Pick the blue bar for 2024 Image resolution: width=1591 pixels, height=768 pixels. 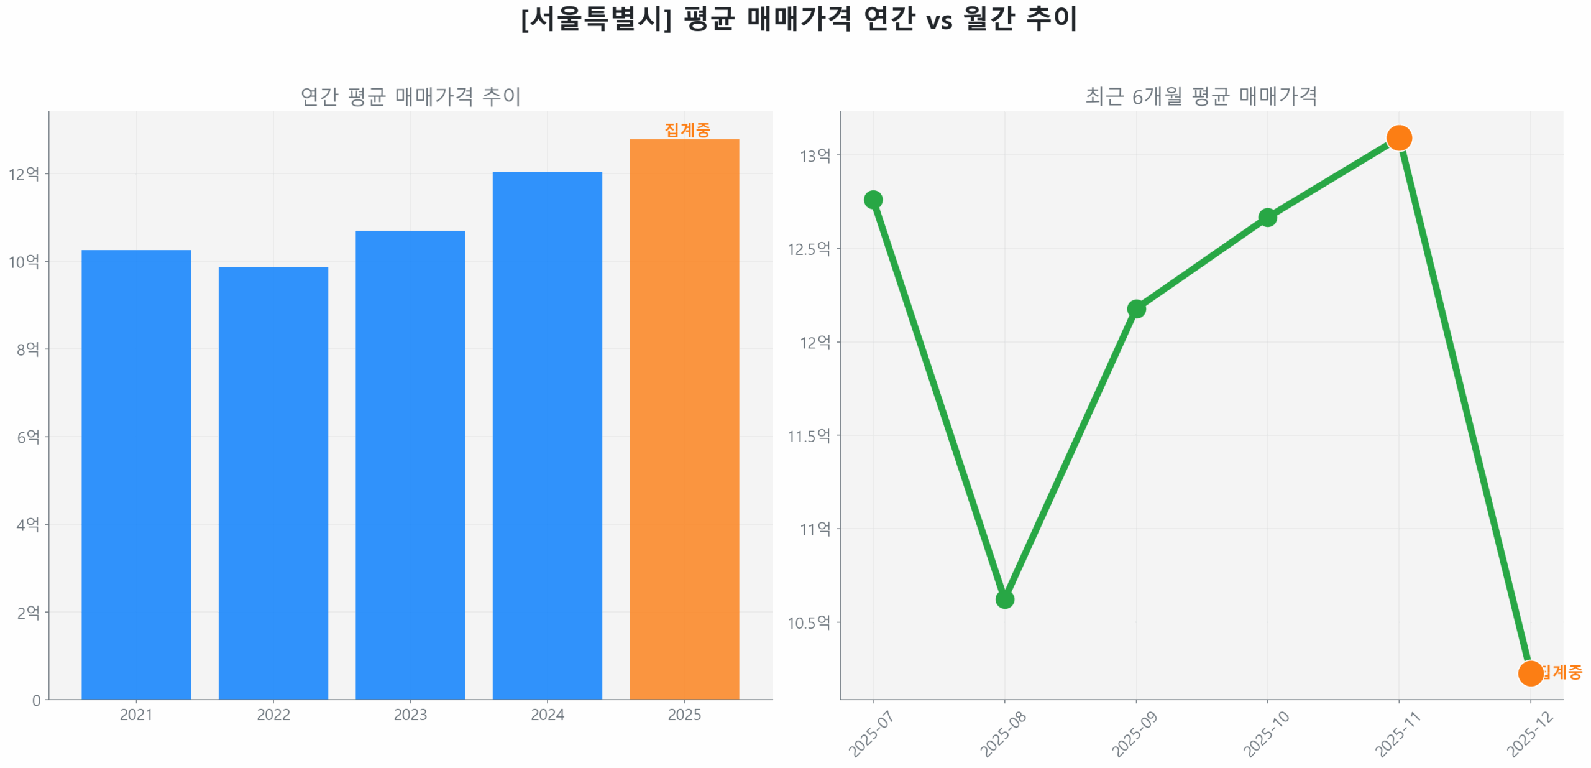(547, 435)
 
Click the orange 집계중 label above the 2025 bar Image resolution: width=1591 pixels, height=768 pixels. (687, 130)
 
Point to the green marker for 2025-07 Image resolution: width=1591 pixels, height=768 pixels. (873, 200)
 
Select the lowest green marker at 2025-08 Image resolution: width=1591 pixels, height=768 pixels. (1004, 599)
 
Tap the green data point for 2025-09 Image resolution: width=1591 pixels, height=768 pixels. (1136, 308)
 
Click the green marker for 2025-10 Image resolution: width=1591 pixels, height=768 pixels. (1267, 217)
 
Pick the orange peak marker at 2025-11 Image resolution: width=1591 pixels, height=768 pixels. (1398, 137)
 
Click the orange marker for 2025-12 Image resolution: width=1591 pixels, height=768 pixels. (1530, 673)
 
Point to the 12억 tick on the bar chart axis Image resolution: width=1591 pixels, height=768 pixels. (24, 174)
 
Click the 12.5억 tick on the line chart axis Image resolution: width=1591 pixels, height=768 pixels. (808, 249)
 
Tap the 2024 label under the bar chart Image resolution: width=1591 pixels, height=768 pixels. (547, 715)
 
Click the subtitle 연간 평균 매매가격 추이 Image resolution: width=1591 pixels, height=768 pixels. (410, 96)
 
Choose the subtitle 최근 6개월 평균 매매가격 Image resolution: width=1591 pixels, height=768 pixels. (1201, 96)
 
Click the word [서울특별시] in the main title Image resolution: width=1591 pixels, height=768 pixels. (596, 19)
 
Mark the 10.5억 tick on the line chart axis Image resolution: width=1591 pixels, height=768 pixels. (808, 622)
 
